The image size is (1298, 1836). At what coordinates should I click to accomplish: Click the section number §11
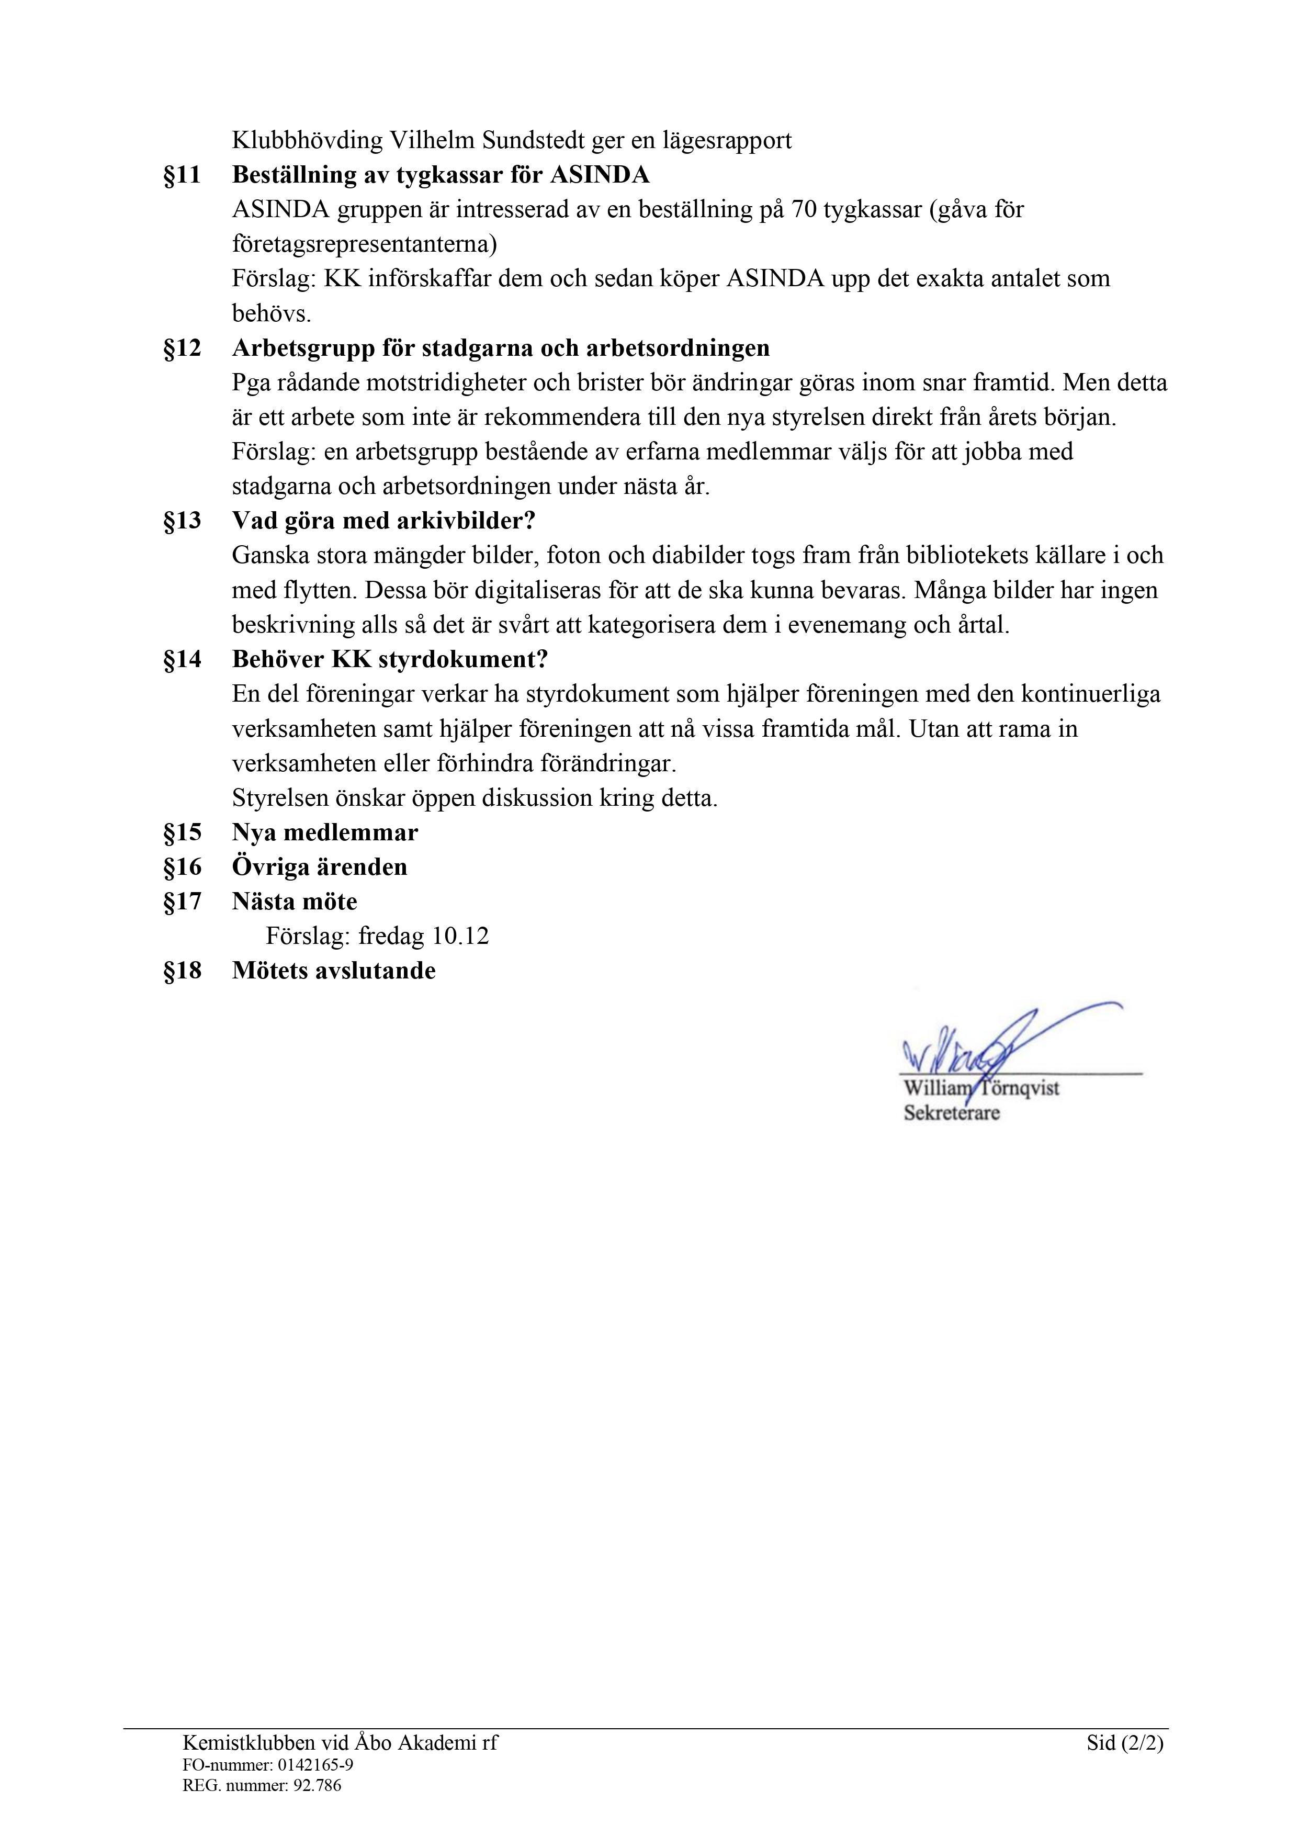[183, 175]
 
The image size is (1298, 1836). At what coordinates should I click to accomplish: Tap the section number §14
[183, 660]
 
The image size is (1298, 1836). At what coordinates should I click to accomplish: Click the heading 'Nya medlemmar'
[325, 832]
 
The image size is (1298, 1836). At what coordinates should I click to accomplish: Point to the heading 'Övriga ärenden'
[319, 867]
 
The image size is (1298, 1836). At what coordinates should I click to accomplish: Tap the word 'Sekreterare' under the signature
[952, 1112]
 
